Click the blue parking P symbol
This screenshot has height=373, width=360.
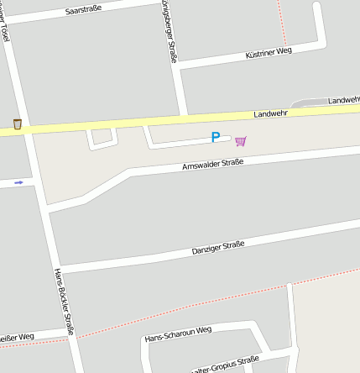(x=216, y=138)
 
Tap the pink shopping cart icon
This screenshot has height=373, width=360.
(x=241, y=141)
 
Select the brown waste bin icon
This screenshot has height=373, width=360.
(x=17, y=124)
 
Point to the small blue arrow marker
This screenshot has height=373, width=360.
(x=18, y=181)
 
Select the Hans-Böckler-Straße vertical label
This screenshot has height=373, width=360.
(x=64, y=301)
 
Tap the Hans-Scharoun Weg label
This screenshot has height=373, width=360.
(x=177, y=335)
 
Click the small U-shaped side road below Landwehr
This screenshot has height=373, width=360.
(x=102, y=140)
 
